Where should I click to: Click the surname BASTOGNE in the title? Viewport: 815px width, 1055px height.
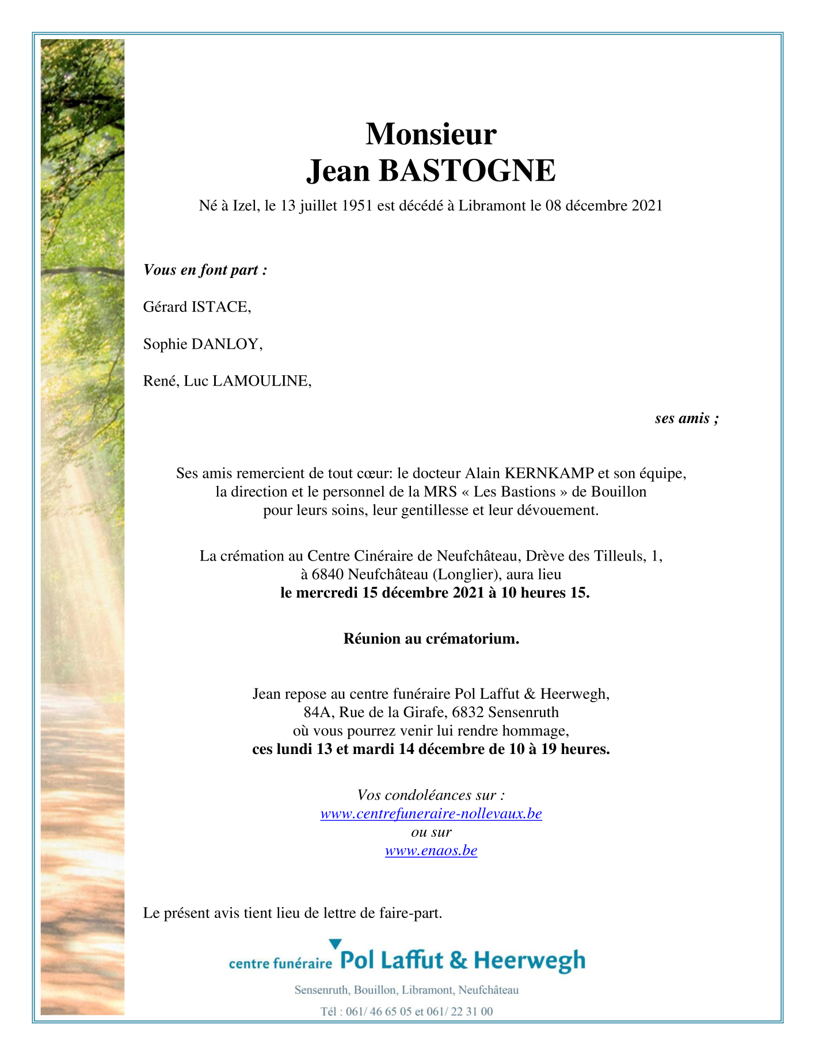pos(467,171)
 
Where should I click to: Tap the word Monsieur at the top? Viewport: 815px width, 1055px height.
pos(431,134)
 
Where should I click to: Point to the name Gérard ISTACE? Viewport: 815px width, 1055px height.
pos(197,307)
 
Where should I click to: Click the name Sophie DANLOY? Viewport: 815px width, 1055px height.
pos(203,344)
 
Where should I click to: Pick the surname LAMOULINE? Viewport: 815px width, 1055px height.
pos(262,381)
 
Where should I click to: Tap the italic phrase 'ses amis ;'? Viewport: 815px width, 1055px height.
pos(686,418)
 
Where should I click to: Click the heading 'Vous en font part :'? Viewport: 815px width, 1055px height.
pos(205,270)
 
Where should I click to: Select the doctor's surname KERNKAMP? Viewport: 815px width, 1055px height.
pos(549,474)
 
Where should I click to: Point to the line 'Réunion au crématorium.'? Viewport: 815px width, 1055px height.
pos(431,638)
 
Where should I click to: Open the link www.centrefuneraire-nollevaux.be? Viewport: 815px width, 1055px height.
pos(431,814)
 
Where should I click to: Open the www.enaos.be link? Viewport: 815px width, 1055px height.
pos(431,851)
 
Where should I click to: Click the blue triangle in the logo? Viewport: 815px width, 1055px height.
pos(335,944)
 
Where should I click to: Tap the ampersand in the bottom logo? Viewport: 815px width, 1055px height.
pos(459,960)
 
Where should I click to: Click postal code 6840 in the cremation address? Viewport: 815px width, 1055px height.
pos(327,574)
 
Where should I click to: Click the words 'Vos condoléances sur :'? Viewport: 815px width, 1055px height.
pos(431,795)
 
